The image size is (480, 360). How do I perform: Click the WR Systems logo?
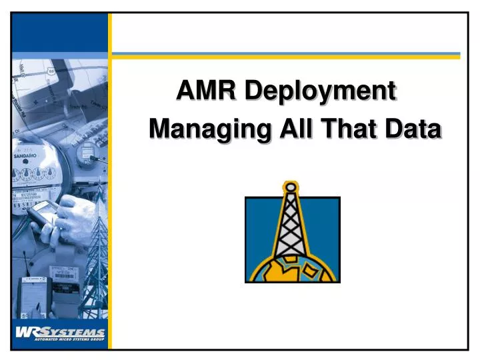[x=60, y=332]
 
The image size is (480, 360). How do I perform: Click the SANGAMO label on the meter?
[x=25, y=155]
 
